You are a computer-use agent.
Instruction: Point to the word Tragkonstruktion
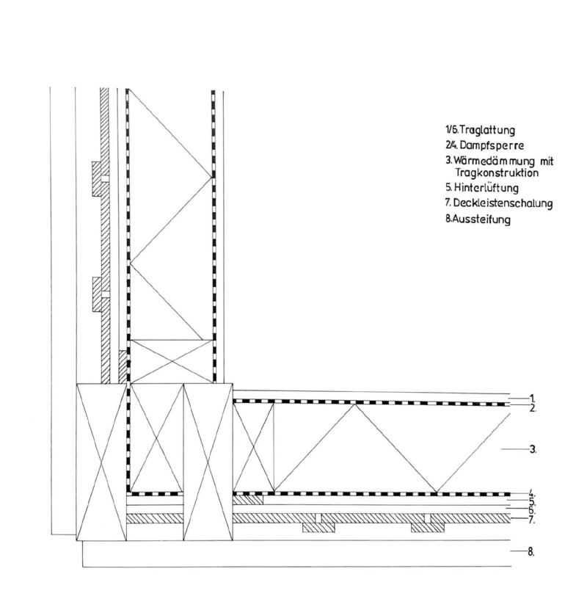click(x=497, y=173)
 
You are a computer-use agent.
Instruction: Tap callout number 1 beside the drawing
click(x=531, y=397)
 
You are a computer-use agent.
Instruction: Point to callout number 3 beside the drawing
click(x=531, y=448)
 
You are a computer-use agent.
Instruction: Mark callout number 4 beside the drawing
click(x=531, y=493)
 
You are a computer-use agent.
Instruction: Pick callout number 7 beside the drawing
click(x=531, y=520)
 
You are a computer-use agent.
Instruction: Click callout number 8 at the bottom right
click(x=531, y=550)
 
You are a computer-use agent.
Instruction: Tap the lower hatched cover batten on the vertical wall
click(x=98, y=294)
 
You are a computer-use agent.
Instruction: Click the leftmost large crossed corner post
click(x=102, y=462)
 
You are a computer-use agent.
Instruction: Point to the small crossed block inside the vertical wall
click(x=166, y=361)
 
